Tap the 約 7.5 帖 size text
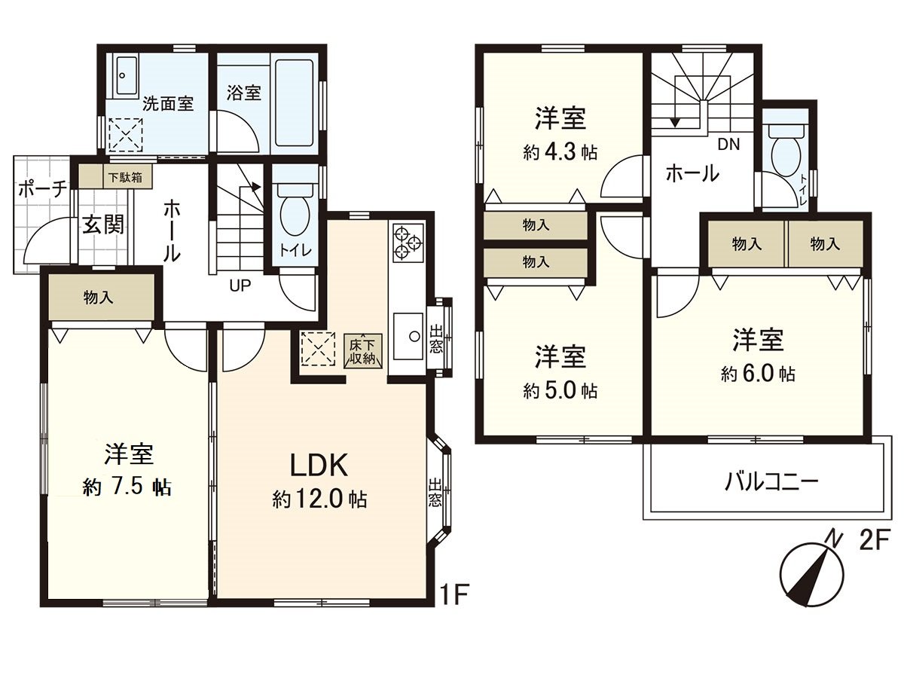[127, 487]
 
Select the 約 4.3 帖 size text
[560, 152]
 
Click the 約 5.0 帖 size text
[560, 391]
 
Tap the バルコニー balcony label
[771, 481]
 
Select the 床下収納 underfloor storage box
[362, 350]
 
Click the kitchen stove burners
[408, 239]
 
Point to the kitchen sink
[408, 335]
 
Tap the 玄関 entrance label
[103, 224]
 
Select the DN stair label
[727, 144]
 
